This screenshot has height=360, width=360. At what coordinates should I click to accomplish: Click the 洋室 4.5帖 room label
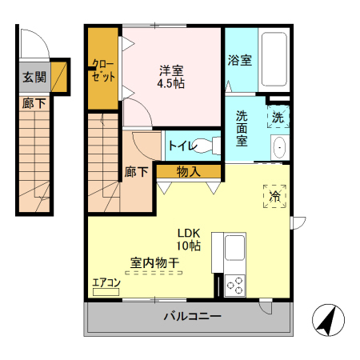[x=171, y=76]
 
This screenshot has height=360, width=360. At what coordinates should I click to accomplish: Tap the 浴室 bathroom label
[x=239, y=60]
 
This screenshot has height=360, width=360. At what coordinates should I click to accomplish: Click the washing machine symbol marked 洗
[x=278, y=117]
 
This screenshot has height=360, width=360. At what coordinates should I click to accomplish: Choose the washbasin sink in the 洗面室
[x=278, y=148]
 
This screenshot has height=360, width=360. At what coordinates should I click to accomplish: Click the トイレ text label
[x=178, y=146]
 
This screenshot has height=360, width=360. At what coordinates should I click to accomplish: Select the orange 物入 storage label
[x=188, y=170]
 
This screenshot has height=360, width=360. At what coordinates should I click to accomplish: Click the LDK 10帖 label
[x=189, y=239]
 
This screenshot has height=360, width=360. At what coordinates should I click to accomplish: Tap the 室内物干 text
[x=154, y=262]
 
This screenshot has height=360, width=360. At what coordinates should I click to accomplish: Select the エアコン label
[x=106, y=282]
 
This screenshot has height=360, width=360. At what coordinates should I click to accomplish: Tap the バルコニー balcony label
[x=192, y=316]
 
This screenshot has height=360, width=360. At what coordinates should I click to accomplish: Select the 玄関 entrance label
[x=34, y=78]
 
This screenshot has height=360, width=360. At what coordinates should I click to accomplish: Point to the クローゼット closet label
[x=103, y=69]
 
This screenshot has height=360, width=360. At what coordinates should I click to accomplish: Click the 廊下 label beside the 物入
[x=136, y=171]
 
